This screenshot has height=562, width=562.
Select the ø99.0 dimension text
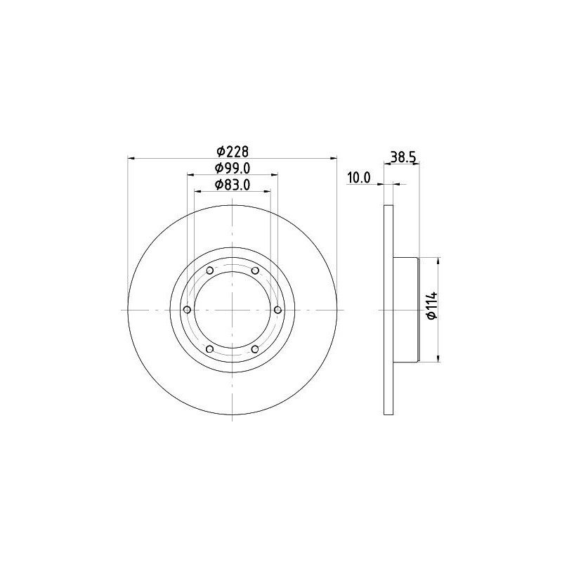(233, 169)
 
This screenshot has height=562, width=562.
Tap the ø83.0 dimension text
(233, 185)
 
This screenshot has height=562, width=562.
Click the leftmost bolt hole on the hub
(186, 310)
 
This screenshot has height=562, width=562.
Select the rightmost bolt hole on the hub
(278, 310)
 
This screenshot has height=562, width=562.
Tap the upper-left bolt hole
(209, 270)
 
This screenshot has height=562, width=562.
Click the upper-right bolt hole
(255, 270)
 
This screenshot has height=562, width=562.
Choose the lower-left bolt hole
(209, 349)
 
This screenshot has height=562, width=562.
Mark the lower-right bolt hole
(255, 349)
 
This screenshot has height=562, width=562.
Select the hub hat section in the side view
(406, 310)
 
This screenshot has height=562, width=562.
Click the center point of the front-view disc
(233, 310)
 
